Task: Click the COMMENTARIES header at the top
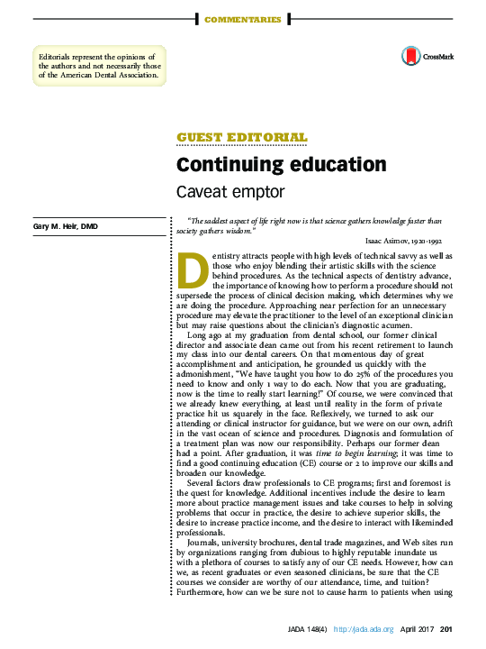coord(243,19)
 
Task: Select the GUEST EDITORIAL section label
coord(242,138)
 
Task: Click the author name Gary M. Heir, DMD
coord(66,225)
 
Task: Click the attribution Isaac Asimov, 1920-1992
coord(403,242)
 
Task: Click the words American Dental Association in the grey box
coord(106,75)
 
